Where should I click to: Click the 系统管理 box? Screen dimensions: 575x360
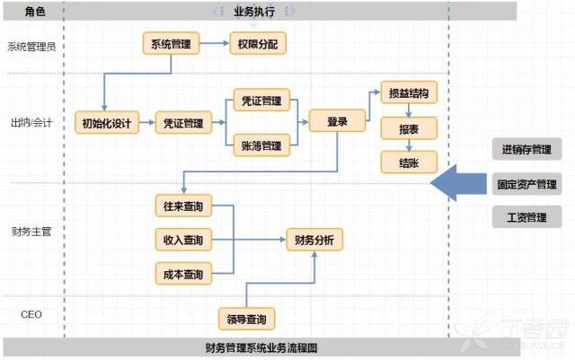[171, 44]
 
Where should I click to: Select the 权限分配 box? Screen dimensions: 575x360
[258, 44]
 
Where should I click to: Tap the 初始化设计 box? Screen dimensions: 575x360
[107, 123]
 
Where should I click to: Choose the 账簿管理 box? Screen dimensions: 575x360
[261, 145]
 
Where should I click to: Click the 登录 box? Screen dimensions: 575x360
[337, 120]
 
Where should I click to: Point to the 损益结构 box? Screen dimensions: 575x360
[409, 92]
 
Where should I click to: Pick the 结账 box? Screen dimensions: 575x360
[409, 162]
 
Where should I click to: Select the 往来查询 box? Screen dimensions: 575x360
[183, 206]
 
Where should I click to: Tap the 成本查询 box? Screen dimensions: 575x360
[183, 274]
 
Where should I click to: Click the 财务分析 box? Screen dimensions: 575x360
[314, 240]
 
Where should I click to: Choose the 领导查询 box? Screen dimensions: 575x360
[246, 319]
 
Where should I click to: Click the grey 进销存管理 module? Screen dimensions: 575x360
[526, 149]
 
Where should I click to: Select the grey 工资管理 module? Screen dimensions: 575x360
[526, 217]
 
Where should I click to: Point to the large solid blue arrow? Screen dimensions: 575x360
[458, 183]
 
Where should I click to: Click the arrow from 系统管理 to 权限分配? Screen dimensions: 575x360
[215, 43]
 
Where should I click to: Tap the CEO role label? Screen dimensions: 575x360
[31, 314]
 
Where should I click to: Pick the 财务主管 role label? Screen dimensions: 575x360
[31, 232]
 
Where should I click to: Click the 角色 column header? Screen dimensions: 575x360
[35, 12]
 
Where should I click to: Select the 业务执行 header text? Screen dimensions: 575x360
[254, 12]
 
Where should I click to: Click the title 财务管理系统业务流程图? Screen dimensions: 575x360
[261, 347]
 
